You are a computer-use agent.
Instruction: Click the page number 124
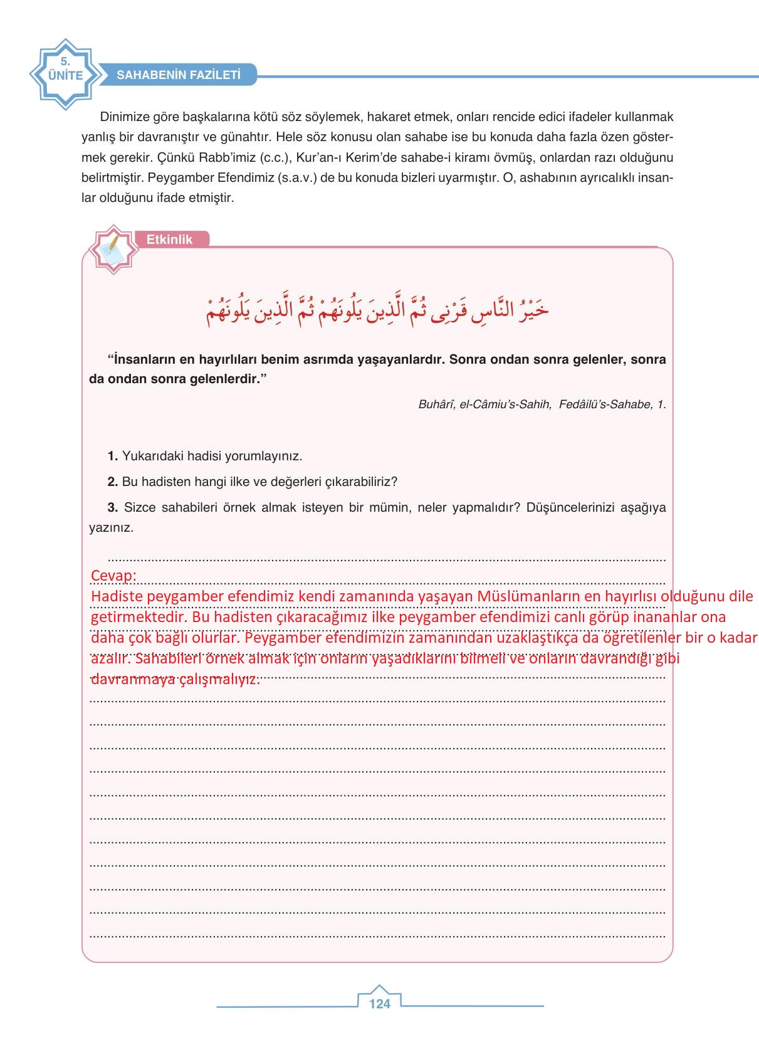pyautogui.click(x=379, y=1004)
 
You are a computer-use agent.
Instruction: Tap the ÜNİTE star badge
pyautogui.click(x=65, y=75)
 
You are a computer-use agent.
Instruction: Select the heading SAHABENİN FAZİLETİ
pyautogui.click(x=179, y=75)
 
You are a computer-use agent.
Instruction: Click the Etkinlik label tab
pyautogui.click(x=170, y=240)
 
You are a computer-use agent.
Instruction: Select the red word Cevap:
pyautogui.click(x=113, y=576)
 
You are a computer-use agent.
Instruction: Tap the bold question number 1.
pyautogui.click(x=112, y=456)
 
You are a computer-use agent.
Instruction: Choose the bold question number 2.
pyautogui.click(x=112, y=482)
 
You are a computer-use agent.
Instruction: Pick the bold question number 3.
pyautogui.click(x=112, y=507)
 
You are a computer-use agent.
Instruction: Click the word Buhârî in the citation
pyautogui.click(x=436, y=404)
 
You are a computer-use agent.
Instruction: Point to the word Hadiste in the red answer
pyautogui.click(x=117, y=596)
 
